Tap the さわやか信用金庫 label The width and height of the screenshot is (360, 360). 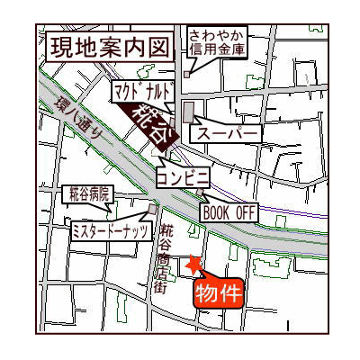coord(217,42)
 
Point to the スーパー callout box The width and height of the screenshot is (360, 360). coord(229,133)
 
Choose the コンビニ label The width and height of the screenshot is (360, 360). coord(184,176)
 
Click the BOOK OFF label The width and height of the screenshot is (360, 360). coord(229,212)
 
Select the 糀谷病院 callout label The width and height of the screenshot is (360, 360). coord(88,193)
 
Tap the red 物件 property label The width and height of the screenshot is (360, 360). coord(219,292)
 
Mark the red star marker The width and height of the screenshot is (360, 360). coord(193,265)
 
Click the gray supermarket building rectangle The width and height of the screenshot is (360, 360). coord(187,112)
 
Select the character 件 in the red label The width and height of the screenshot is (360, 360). coord(230,292)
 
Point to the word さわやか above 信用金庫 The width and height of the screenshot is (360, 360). coord(217,36)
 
